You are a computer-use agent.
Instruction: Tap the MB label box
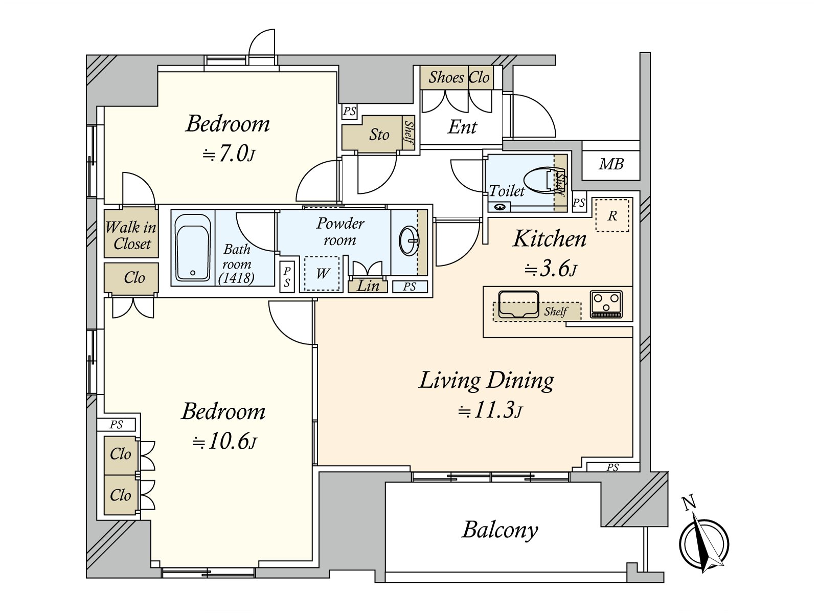(x=611, y=165)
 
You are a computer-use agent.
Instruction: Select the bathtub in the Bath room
(x=192, y=247)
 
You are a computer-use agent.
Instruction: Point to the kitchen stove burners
(x=606, y=303)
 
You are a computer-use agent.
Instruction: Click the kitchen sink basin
(x=518, y=304)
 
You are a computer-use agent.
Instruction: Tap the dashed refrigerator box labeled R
(x=612, y=215)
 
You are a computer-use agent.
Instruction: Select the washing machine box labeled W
(x=322, y=273)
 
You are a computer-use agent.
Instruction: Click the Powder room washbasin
(x=409, y=241)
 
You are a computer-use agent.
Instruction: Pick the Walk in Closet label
(x=131, y=235)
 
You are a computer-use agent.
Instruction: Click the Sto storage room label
(x=379, y=135)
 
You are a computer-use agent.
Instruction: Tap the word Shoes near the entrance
(x=446, y=77)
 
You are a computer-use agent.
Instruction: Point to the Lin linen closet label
(x=368, y=286)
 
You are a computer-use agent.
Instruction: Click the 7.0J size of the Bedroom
(x=229, y=153)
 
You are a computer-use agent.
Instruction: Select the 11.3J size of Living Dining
(x=490, y=410)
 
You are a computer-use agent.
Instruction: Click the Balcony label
(x=499, y=530)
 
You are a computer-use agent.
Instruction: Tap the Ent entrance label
(x=462, y=127)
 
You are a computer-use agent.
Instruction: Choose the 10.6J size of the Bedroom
(x=224, y=442)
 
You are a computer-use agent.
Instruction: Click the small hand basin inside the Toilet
(x=499, y=207)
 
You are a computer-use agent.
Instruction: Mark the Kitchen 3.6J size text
(x=551, y=269)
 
